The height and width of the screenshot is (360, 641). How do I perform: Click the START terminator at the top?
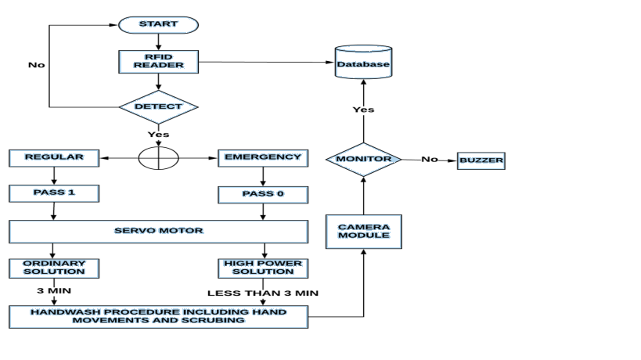158,24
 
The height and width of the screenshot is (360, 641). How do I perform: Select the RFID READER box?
158,61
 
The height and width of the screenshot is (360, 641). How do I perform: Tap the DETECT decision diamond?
158,106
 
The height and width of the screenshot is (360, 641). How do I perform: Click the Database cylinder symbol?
362,63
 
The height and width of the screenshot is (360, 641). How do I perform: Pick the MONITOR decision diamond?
363,159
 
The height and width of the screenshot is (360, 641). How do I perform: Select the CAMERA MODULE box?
363,231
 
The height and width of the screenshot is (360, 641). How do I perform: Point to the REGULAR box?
53,157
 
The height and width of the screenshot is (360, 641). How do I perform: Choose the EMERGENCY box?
262,157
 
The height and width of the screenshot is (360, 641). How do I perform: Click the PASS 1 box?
53,193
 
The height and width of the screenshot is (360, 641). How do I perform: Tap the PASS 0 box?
262,193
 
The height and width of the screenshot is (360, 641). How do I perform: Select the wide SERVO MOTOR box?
158,232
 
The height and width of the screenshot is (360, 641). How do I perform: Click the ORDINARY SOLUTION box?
53,267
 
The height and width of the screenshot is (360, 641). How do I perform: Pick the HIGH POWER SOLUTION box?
262,267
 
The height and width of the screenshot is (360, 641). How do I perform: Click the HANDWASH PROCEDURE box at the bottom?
158,316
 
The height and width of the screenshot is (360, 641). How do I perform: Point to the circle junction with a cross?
158,157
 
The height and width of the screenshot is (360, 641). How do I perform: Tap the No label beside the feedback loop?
36,65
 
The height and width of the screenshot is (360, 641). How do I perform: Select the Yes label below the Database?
363,110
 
